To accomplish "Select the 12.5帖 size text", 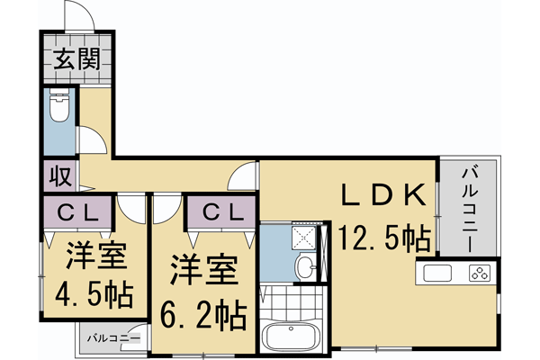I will point(382,239).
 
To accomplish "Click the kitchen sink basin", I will point(437,273).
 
